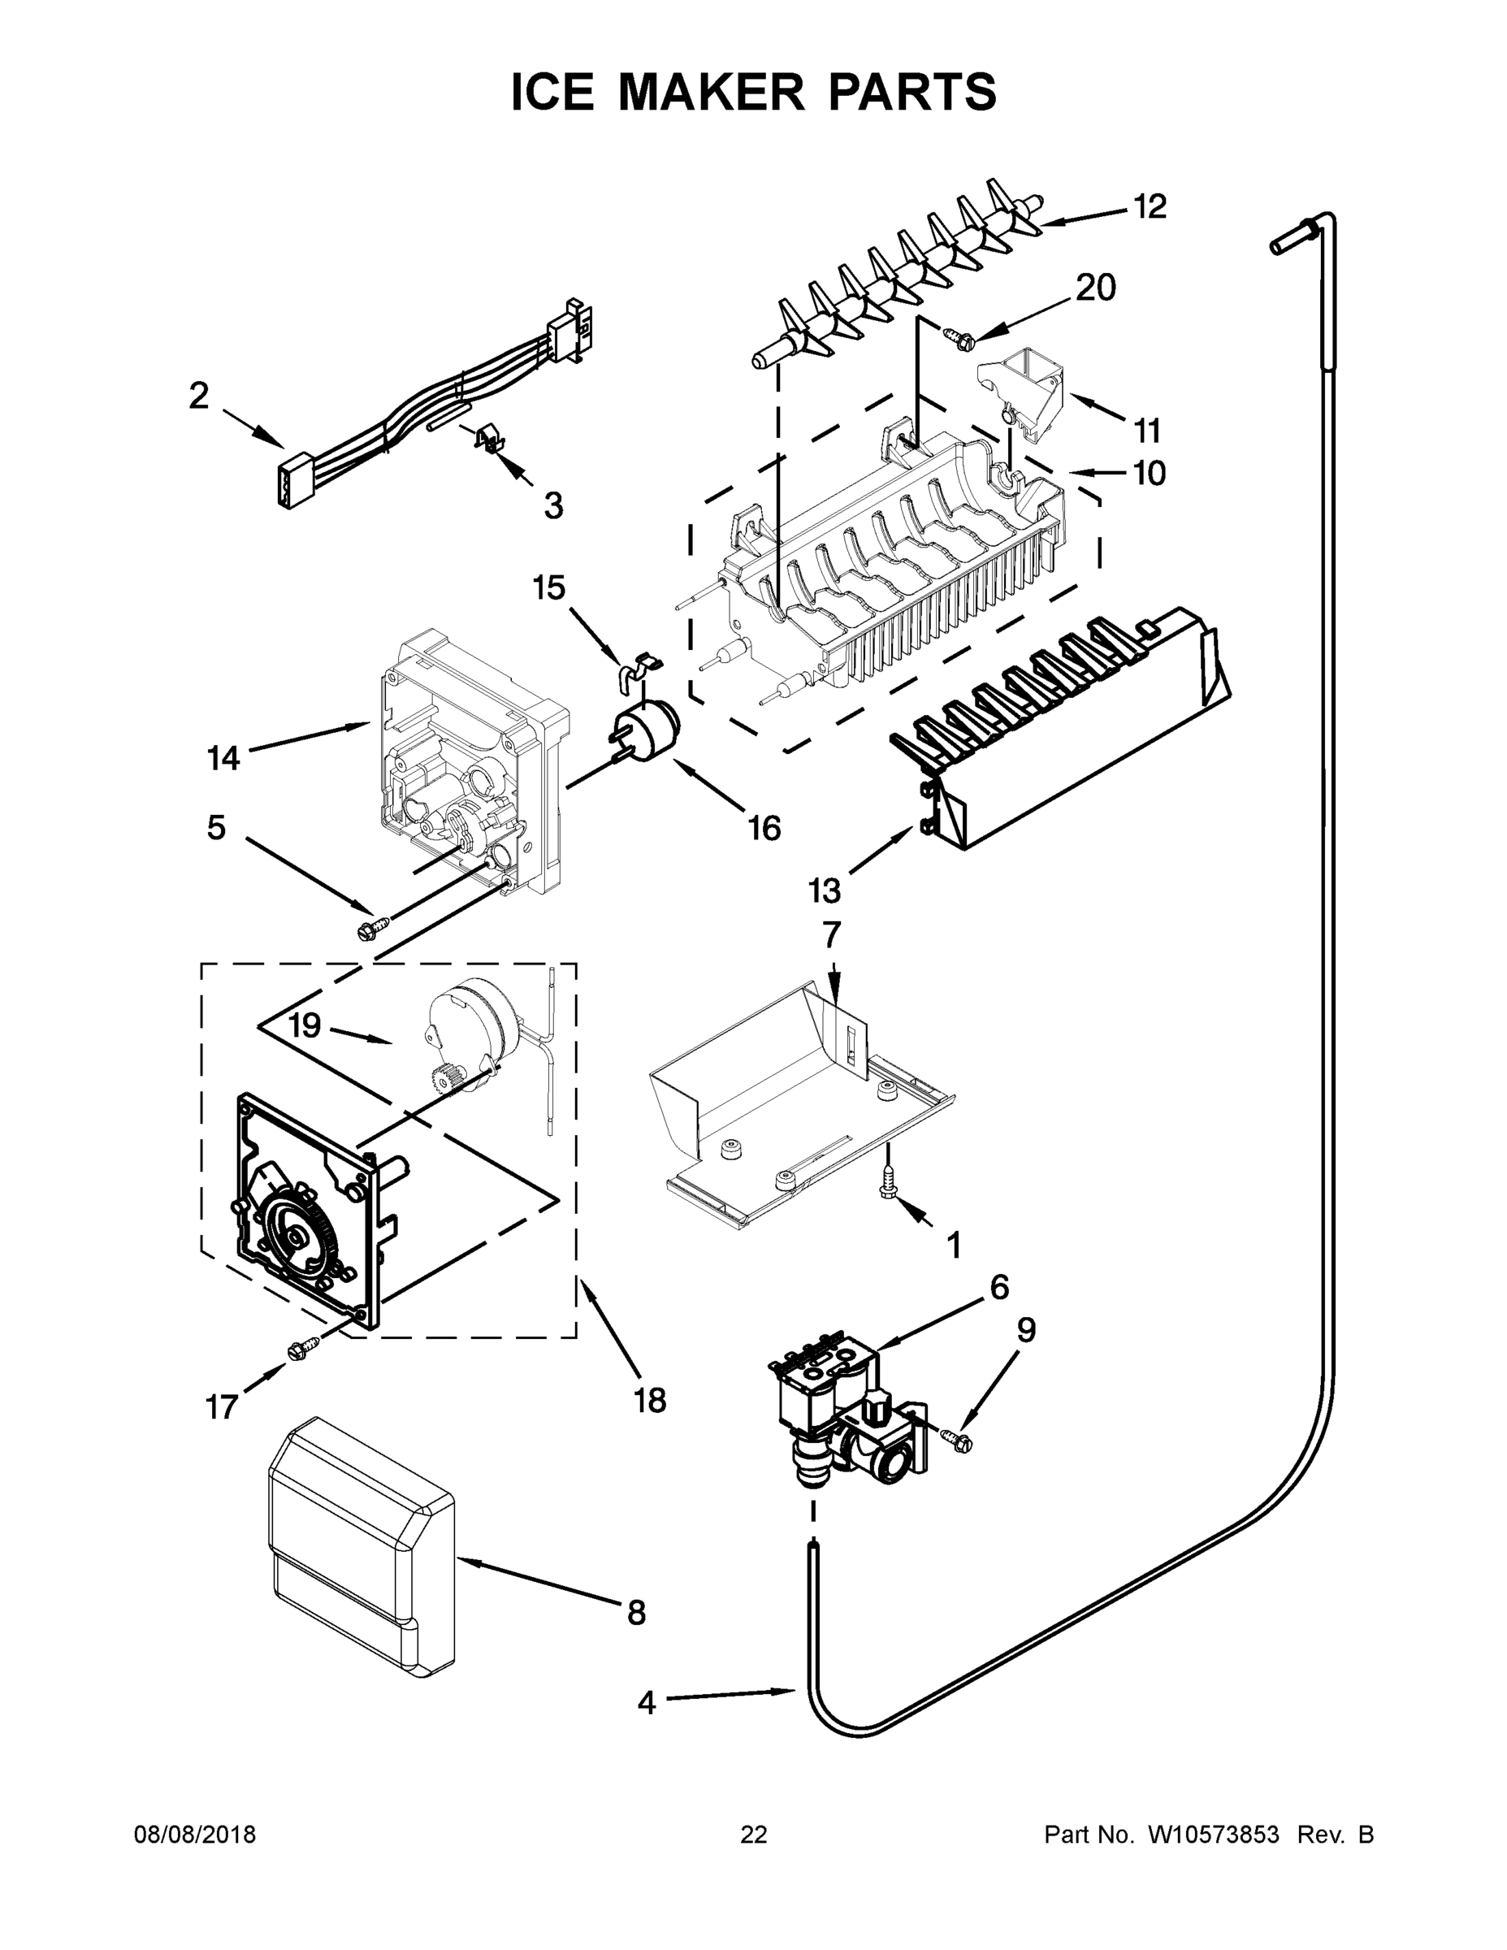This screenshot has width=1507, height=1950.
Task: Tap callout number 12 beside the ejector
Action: [x=1150, y=206]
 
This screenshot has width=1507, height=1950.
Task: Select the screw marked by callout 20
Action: [x=957, y=337]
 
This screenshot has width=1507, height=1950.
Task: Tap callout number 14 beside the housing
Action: [x=223, y=758]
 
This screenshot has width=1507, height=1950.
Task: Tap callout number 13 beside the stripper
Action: [x=824, y=890]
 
